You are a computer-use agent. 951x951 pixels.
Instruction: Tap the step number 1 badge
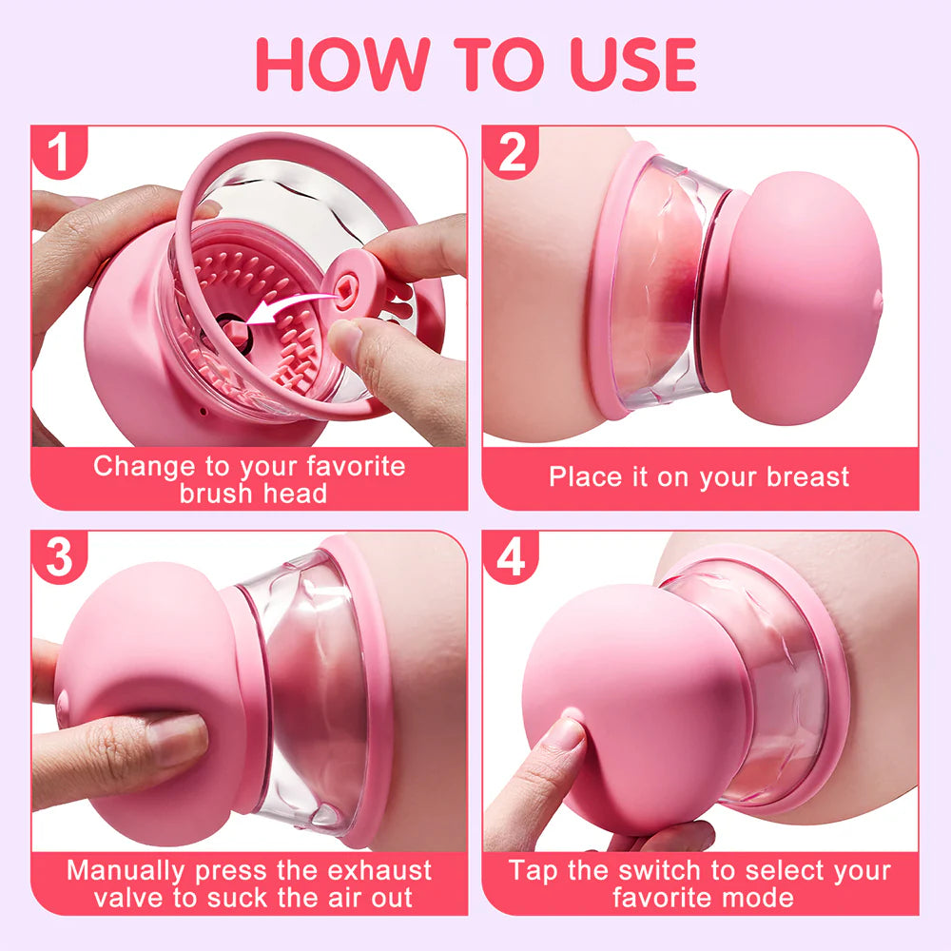[59, 153]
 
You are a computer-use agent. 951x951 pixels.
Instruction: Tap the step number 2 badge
[512, 153]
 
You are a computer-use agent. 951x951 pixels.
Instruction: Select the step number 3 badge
[59, 557]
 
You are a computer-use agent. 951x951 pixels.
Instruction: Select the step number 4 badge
[512, 557]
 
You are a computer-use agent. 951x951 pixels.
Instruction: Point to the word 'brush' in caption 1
[218, 494]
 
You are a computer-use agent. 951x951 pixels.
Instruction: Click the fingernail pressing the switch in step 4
[569, 732]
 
